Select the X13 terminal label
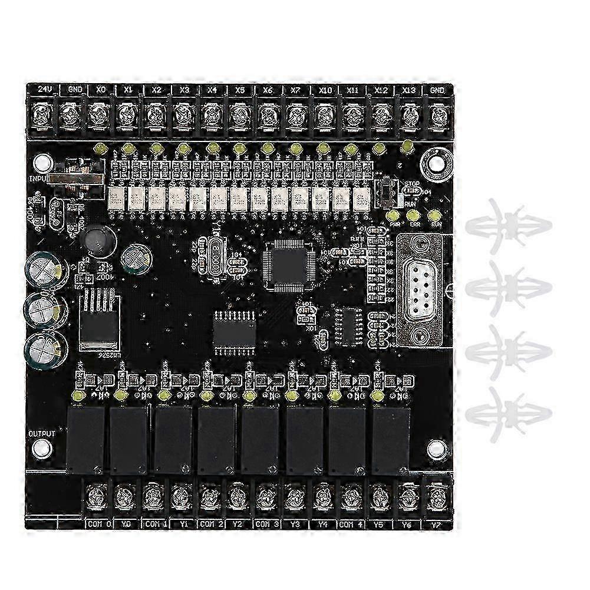tap(409, 90)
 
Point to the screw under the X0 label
tap(98, 113)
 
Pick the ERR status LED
tap(414, 216)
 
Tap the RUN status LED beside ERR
tap(436, 216)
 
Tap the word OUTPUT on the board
tap(42, 434)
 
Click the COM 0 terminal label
tap(98, 522)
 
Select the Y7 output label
tap(435, 522)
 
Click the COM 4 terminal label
tap(351, 522)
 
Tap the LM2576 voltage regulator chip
tap(101, 323)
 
